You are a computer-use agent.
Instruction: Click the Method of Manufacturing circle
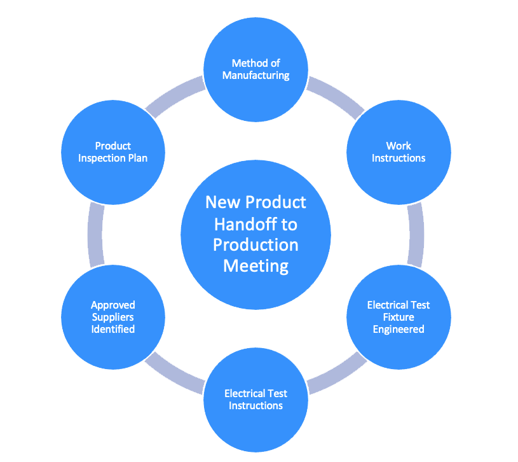pos(256,69)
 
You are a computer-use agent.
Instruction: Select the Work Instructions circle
pos(399,152)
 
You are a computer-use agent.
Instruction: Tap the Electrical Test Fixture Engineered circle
pos(399,317)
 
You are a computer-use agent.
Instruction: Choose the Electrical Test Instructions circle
pos(256,400)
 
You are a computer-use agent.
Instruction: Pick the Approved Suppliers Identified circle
pos(113,317)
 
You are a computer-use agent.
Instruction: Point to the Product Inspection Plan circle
pos(113,152)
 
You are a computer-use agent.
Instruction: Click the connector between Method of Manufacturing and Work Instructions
pos(336,96)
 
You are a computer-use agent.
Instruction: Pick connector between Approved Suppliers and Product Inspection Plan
pos(96,235)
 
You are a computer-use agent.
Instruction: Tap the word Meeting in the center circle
pos(256,265)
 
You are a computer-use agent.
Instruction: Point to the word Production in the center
pos(256,244)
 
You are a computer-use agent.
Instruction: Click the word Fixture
pos(399,317)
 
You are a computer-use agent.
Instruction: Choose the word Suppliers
pos(113,317)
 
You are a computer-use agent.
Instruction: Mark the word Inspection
pos(102,158)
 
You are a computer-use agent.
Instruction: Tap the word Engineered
pos(399,329)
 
